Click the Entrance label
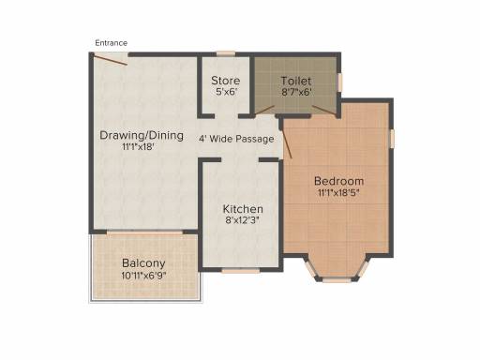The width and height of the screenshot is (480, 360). click(112, 43)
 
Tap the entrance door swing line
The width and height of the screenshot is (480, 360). click(110, 60)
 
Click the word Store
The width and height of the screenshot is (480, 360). click(226, 81)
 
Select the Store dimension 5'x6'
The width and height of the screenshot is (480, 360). click(227, 92)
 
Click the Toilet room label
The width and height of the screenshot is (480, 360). click(296, 81)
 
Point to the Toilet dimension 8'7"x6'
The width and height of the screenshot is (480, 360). click(296, 92)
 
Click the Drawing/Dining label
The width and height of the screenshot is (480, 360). click(142, 136)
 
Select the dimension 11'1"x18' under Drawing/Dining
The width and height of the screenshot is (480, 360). click(139, 146)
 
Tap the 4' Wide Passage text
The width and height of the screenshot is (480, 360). click(236, 139)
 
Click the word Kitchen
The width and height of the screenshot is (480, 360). click(243, 209)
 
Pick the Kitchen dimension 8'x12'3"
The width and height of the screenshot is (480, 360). click(243, 220)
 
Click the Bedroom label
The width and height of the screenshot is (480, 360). click(338, 181)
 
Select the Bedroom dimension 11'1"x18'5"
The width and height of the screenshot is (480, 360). click(338, 193)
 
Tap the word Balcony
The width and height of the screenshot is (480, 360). click(143, 263)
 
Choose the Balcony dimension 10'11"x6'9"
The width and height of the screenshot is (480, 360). click(143, 276)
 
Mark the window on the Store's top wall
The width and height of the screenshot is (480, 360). click(226, 53)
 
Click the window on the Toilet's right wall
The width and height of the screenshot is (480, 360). click(340, 82)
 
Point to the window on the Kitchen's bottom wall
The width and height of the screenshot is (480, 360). click(241, 271)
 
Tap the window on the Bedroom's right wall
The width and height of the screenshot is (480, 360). click(392, 139)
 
